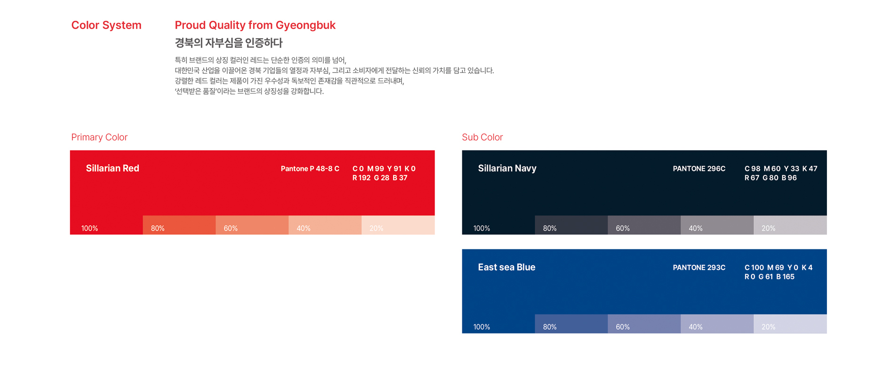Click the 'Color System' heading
point(106,25)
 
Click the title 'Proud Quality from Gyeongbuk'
point(255,25)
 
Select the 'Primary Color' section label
point(99,137)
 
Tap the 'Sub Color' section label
point(482,137)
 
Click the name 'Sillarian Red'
point(112,168)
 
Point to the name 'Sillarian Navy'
point(507,168)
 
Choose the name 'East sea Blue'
point(507,267)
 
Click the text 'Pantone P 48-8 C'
point(310,168)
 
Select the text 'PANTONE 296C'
point(699,168)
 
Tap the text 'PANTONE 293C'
point(699,267)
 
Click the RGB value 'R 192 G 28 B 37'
point(380,178)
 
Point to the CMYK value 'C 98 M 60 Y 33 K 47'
point(781,168)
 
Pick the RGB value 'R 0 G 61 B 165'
point(769,277)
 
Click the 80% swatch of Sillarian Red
point(179,225)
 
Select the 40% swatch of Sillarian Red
point(325,225)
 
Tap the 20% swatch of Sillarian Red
point(398,225)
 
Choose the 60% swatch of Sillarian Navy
point(644,225)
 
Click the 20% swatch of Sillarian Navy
point(790,225)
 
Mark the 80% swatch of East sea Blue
point(571,324)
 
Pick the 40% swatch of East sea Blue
point(717,324)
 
